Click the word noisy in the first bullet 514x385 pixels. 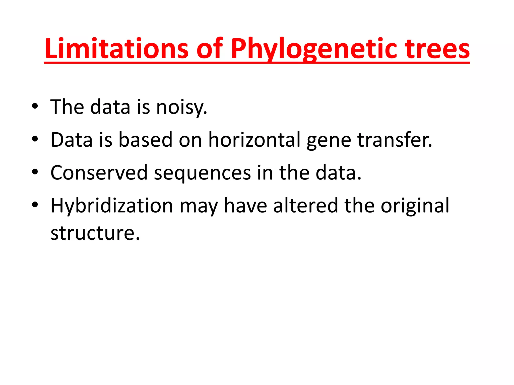pyautogui.click(x=182, y=107)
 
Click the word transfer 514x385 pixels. pyautogui.click(x=395, y=140)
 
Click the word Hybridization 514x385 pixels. pyautogui.click(x=112, y=206)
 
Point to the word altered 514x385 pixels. pyautogui.click(x=305, y=206)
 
